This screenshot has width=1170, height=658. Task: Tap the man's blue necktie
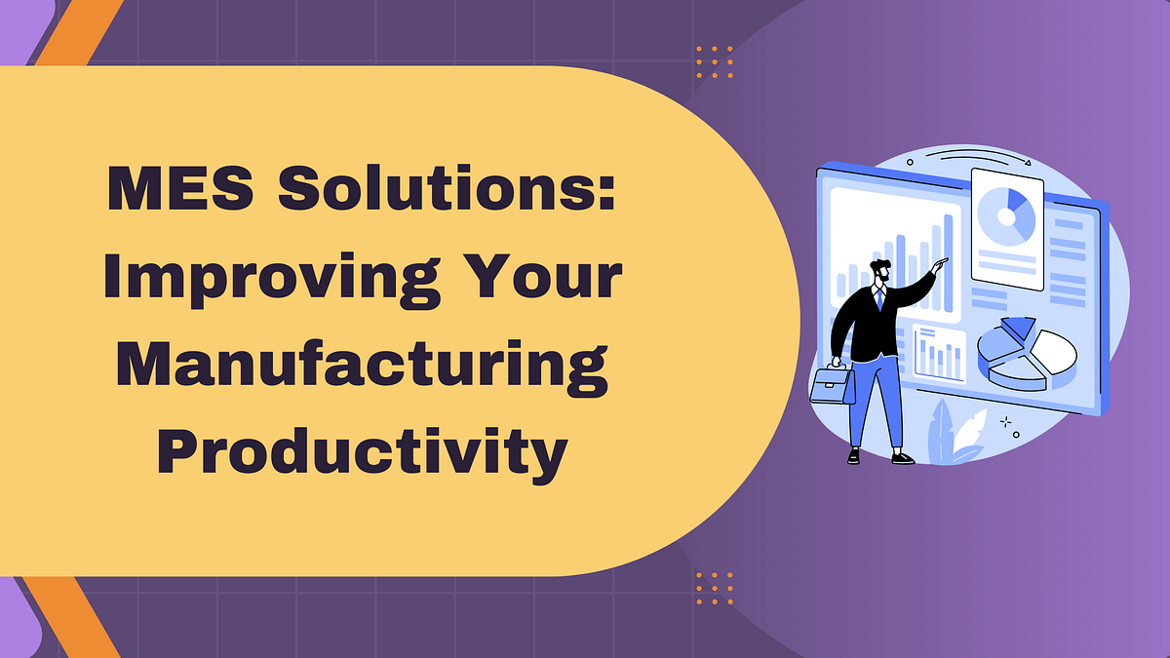(x=879, y=298)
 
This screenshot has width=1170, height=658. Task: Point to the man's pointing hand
(x=938, y=264)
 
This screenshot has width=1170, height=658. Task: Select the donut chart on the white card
(x=1006, y=215)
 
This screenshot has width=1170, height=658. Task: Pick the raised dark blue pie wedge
(x=1018, y=329)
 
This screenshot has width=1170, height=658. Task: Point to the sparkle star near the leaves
(x=1004, y=421)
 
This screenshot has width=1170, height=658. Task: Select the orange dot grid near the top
(x=715, y=60)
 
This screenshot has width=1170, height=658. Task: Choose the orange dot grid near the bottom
(x=715, y=588)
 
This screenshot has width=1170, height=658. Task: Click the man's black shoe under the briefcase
(x=855, y=455)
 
